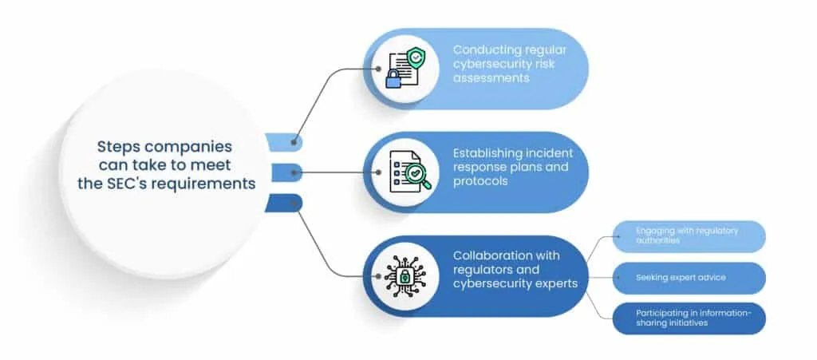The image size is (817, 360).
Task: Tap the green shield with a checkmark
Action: (x=415, y=57)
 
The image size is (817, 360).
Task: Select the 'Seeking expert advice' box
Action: (x=688, y=278)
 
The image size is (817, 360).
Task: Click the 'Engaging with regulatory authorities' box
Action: (x=688, y=236)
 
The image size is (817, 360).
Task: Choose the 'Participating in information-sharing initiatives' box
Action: (x=688, y=318)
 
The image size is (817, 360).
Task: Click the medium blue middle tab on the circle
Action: (x=285, y=172)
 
